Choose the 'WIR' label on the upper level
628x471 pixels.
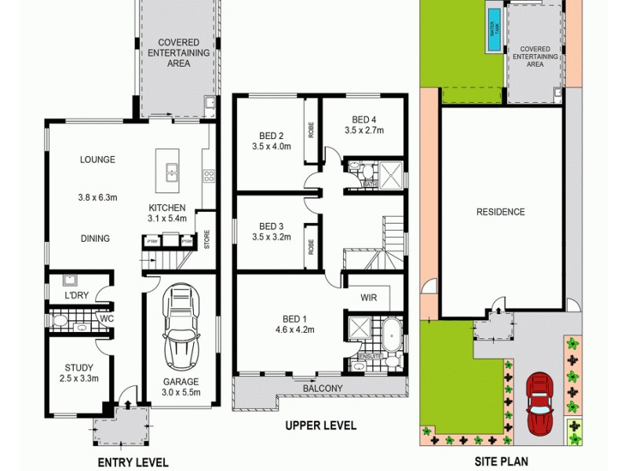(370, 298)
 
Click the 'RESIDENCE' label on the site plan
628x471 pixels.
(501, 212)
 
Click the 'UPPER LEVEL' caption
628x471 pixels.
(321, 426)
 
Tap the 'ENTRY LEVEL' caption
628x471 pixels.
(133, 462)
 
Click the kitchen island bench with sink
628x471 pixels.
(169, 169)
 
